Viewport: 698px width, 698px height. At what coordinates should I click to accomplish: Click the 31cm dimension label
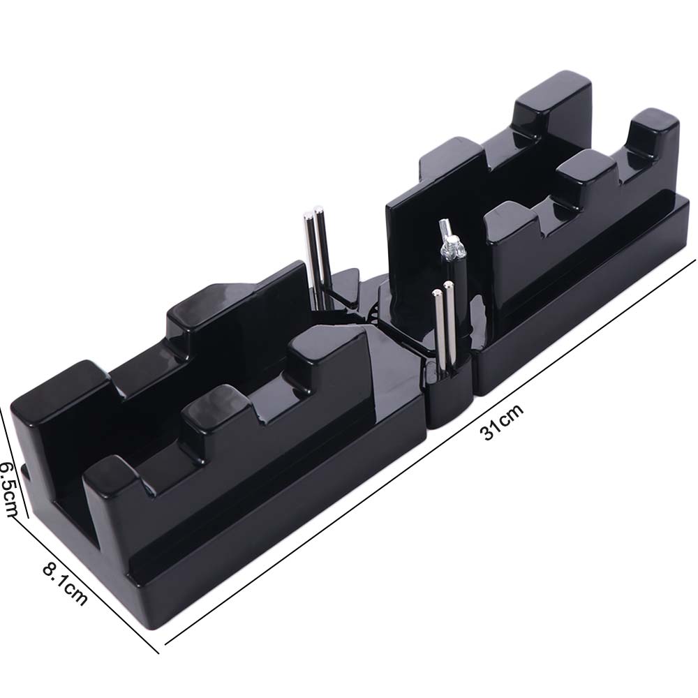coord(501,422)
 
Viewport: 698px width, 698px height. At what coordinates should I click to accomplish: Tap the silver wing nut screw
coord(450,241)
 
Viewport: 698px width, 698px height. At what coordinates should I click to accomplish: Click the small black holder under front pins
coord(447,398)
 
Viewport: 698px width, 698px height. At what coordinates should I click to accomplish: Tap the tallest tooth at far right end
coord(653,140)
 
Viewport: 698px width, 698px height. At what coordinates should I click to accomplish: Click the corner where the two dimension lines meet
coord(158,653)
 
